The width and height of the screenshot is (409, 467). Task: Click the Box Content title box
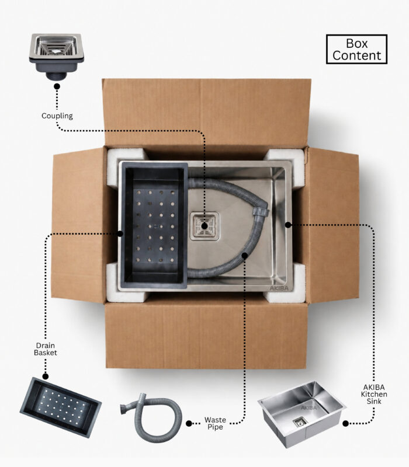pyautogui.click(x=356, y=49)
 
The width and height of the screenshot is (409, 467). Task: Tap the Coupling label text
pyautogui.click(x=57, y=116)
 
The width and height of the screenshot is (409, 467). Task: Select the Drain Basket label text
pyautogui.click(x=46, y=349)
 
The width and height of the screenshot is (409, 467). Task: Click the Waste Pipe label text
pyautogui.click(x=215, y=423)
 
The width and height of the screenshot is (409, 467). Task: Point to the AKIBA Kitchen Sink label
pyautogui.click(x=374, y=394)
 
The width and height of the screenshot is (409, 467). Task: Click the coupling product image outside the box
pyautogui.click(x=56, y=57)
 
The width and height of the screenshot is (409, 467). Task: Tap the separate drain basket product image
pyautogui.click(x=61, y=407)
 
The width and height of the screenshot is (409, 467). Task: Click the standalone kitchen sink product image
pyautogui.click(x=301, y=414)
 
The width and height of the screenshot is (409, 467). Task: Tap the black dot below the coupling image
pyautogui.click(x=57, y=86)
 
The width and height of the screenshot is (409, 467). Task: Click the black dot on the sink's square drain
pyautogui.click(x=204, y=226)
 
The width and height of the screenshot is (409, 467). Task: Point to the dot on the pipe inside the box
pyautogui.click(x=245, y=255)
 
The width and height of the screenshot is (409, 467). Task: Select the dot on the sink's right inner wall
pyautogui.click(x=287, y=225)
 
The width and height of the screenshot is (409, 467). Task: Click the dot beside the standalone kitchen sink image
pyautogui.click(x=345, y=423)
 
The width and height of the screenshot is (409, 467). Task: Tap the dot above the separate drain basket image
pyautogui.click(x=46, y=377)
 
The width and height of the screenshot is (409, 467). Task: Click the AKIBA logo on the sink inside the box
pyautogui.click(x=279, y=288)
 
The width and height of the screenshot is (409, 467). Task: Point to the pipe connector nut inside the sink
pyautogui.click(x=260, y=211)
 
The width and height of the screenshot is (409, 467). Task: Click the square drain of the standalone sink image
pyautogui.click(x=299, y=421)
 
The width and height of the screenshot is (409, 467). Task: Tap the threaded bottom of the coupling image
pyautogui.click(x=56, y=76)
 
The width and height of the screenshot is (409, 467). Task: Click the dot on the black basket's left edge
pyautogui.click(x=120, y=233)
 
